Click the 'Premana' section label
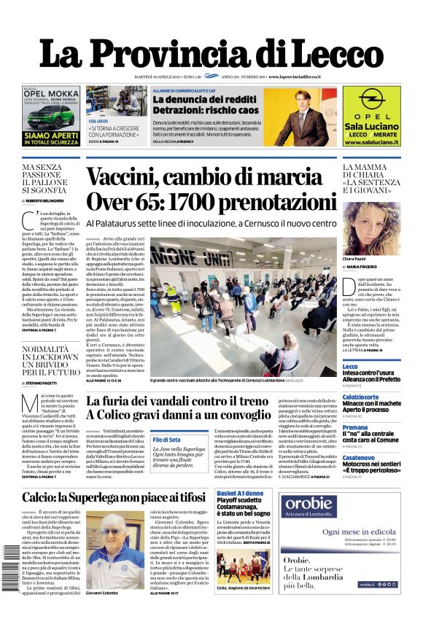(x=356, y=428)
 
